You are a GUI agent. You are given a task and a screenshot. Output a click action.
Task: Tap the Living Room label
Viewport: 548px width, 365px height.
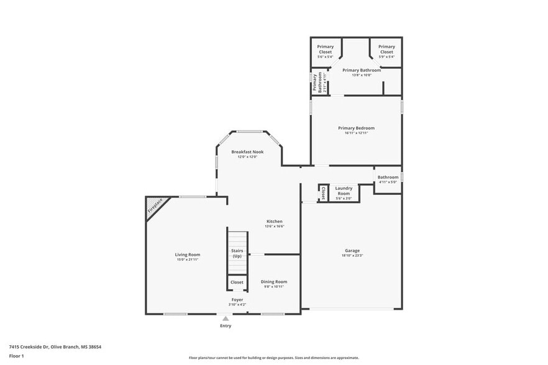[x=187, y=254]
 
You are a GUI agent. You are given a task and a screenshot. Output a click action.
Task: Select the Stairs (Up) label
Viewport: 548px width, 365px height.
[x=237, y=253]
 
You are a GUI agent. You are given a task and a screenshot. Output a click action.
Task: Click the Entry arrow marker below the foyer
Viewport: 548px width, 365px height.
[x=225, y=319]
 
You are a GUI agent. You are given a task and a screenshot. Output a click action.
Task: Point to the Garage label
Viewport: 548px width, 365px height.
[x=352, y=251]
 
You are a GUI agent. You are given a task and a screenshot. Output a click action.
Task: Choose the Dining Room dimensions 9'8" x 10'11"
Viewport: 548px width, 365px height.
[x=274, y=287]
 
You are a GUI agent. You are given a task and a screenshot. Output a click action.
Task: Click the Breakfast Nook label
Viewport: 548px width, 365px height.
[x=247, y=151]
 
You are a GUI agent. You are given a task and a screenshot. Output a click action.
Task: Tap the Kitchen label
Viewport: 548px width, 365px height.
[x=274, y=221]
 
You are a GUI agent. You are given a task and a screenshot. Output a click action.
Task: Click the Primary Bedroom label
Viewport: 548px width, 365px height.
[x=356, y=128]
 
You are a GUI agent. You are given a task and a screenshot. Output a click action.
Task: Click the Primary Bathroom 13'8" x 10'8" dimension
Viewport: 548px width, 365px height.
[x=361, y=75]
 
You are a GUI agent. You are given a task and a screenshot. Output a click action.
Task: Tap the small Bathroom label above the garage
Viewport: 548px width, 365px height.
[x=388, y=177]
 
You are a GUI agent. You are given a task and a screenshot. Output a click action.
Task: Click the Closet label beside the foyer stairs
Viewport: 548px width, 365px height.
[x=237, y=282]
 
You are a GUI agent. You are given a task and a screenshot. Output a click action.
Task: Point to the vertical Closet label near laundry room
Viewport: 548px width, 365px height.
[x=323, y=193]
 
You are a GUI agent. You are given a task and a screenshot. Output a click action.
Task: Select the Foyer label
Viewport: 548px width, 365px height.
[x=237, y=299]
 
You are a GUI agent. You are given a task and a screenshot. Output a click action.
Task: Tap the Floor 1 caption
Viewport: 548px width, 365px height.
[x=16, y=356]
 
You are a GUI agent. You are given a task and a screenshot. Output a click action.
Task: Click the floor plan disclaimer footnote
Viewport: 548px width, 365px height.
[x=273, y=358]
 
